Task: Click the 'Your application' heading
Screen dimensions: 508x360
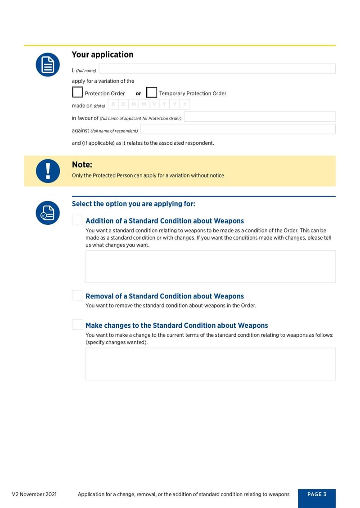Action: pyautogui.click(x=103, y=54)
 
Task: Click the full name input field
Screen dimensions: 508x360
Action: pyautogui.click(x=217, y=69)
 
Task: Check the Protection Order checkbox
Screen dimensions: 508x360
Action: pyautogui.click(x=77, y=93)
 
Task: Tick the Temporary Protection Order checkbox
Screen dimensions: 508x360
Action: pyautogui.click(x=152, y=93)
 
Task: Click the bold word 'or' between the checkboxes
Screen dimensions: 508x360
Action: pyautogui.click(x=138, y=94)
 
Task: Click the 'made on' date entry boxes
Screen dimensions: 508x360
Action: pyautogui.click(x=148, y=105)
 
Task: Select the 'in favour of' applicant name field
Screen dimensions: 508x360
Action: pyautogui.click(x=260, y=117)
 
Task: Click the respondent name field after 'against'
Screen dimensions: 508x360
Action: pyautogui.click(x=238, y=129)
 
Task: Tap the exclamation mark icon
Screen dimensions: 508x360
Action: pyautogui.click(x=48, y=171)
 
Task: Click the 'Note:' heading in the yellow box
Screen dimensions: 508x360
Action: pyautogui.click(x=82, y=165)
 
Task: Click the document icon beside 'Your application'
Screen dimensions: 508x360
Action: pyautogui.click(x=48, y=65)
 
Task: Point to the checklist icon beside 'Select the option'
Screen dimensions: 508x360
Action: pyautogui.click(x=48, y=213)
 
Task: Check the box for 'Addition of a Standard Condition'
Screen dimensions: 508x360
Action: pyautogui.click(x=77, y=220)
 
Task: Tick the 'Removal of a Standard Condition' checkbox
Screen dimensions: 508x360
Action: pyautogui.click(x=77, y=295)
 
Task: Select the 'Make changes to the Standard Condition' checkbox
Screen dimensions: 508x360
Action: pyautogui.click(x=77, y=325)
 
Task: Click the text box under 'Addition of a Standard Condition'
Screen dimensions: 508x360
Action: pyautogui.click(x=211, y=267)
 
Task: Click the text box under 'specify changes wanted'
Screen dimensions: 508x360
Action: pyautogui.click(x=211, y=364)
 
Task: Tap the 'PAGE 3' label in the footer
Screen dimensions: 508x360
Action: pyautogui.click(x=317, y=495)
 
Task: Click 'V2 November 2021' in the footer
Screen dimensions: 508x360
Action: pyautogui.click(x=34, y=495)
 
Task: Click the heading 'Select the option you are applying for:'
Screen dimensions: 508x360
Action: pyautogui.click(x=134, y=204)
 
